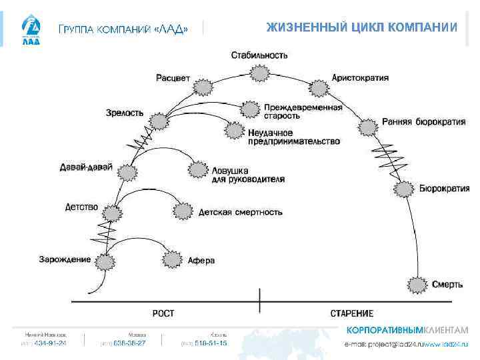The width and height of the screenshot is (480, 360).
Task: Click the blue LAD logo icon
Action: [31, 29]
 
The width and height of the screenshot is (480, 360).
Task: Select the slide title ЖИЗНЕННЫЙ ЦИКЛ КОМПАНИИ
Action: [361, 27]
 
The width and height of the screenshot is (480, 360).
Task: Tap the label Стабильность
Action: [260, 55]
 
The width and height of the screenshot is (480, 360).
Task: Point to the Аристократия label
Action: [360, 78]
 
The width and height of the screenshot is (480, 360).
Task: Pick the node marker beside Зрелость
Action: [159, 121]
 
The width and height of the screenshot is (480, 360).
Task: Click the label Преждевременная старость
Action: [303, 111]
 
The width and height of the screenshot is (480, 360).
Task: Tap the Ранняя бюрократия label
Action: [423, 122]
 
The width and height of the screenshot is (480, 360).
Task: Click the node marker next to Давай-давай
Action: [127, 173]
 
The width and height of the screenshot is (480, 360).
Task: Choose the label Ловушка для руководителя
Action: [247, 174]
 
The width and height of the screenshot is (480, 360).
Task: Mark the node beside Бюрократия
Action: [403, 189]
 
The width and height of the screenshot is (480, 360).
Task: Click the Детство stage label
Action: [81, 207]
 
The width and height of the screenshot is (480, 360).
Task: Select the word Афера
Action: [201, 261]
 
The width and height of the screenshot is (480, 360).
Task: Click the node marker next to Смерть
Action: [417, 285]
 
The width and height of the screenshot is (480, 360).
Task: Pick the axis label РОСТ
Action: [164, 313]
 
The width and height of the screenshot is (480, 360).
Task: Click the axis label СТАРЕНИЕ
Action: [352, 313]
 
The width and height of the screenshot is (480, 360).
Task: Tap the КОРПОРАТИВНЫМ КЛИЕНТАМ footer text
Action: [407, 331]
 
